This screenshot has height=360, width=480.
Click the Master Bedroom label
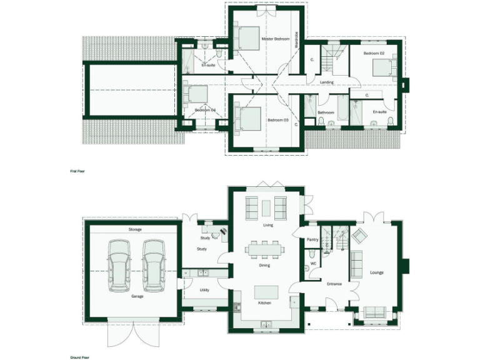[276, 39]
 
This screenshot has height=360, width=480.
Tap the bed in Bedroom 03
[246, 119]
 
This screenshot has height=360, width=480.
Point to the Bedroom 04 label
[204, 110]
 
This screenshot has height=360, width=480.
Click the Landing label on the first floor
[326, 82]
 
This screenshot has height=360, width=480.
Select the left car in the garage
[119, 264]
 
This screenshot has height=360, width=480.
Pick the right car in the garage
[153, 264]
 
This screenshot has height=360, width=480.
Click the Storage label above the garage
[135, 229]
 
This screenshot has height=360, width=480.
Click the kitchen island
[265, 292]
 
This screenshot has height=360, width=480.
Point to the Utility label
[204, 290]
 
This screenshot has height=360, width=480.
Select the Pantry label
[314, 239]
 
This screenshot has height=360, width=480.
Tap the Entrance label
[334, 284]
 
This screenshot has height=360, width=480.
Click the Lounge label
[376, 272]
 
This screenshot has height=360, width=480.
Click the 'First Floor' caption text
[77, 169]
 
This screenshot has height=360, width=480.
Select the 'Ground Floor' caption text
[79, 357]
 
